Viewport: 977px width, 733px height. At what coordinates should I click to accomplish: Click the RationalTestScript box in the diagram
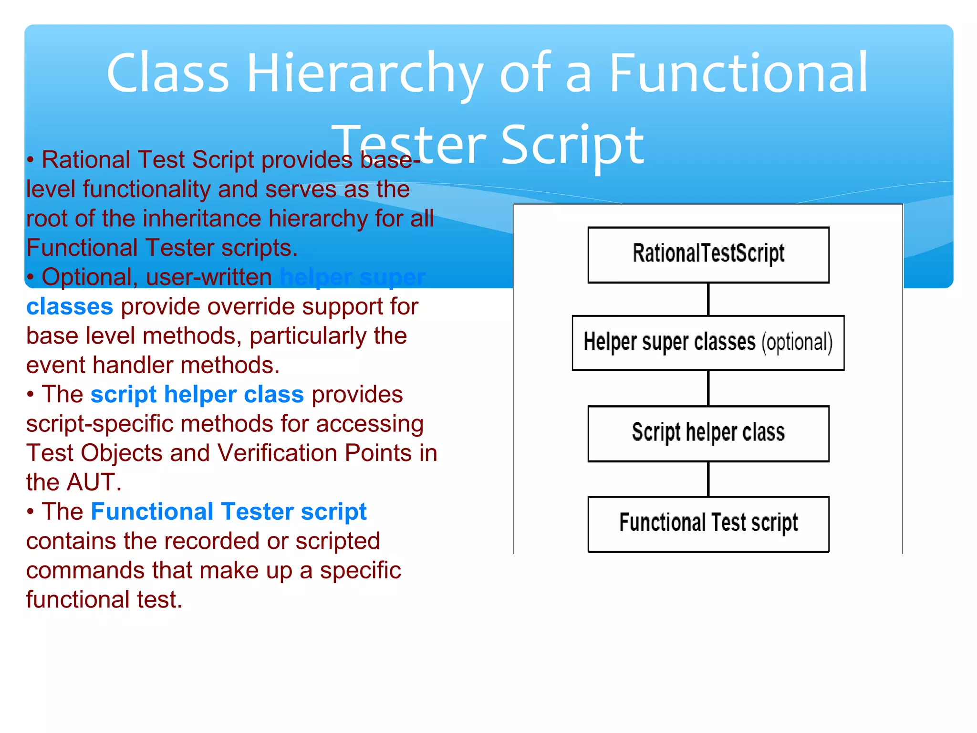pyautogui.click(x=708, y=255)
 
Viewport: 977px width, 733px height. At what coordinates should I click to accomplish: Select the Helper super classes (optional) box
pyautogui.click(x=708, y=343)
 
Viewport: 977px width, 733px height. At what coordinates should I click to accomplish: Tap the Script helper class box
pyautogui.click(x=708, y=433)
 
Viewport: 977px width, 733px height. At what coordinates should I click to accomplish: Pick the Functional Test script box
pyautogui.click(x=708, y=524)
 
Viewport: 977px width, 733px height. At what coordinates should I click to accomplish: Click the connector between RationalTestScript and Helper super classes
pyautogui.click(x=708, y=299)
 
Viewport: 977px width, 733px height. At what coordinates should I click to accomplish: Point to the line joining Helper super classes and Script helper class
pyautogui.click(x=708, y=388)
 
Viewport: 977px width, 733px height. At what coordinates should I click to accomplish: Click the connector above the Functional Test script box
pyautogui.click(x=708, y=479)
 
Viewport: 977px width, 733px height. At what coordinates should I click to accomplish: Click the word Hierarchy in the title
pyautogui.click(x=365, y=74)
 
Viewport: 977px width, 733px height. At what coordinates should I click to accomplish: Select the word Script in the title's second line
pyautogui.click(x=572, y=144)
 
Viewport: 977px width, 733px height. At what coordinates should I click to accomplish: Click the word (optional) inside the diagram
pyautogui.click(x=797, y=343)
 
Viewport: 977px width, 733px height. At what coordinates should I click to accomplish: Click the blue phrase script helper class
pyautogui.click(x=197, y=395)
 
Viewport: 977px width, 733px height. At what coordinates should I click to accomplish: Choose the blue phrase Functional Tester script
pyautogui.click(x=229, y=512)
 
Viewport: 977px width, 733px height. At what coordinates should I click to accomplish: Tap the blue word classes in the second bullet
pyautogui.click(x=70, y=306)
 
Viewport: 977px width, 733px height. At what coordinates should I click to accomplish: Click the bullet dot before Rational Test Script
pyautogui.click(x=31, y=160)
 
